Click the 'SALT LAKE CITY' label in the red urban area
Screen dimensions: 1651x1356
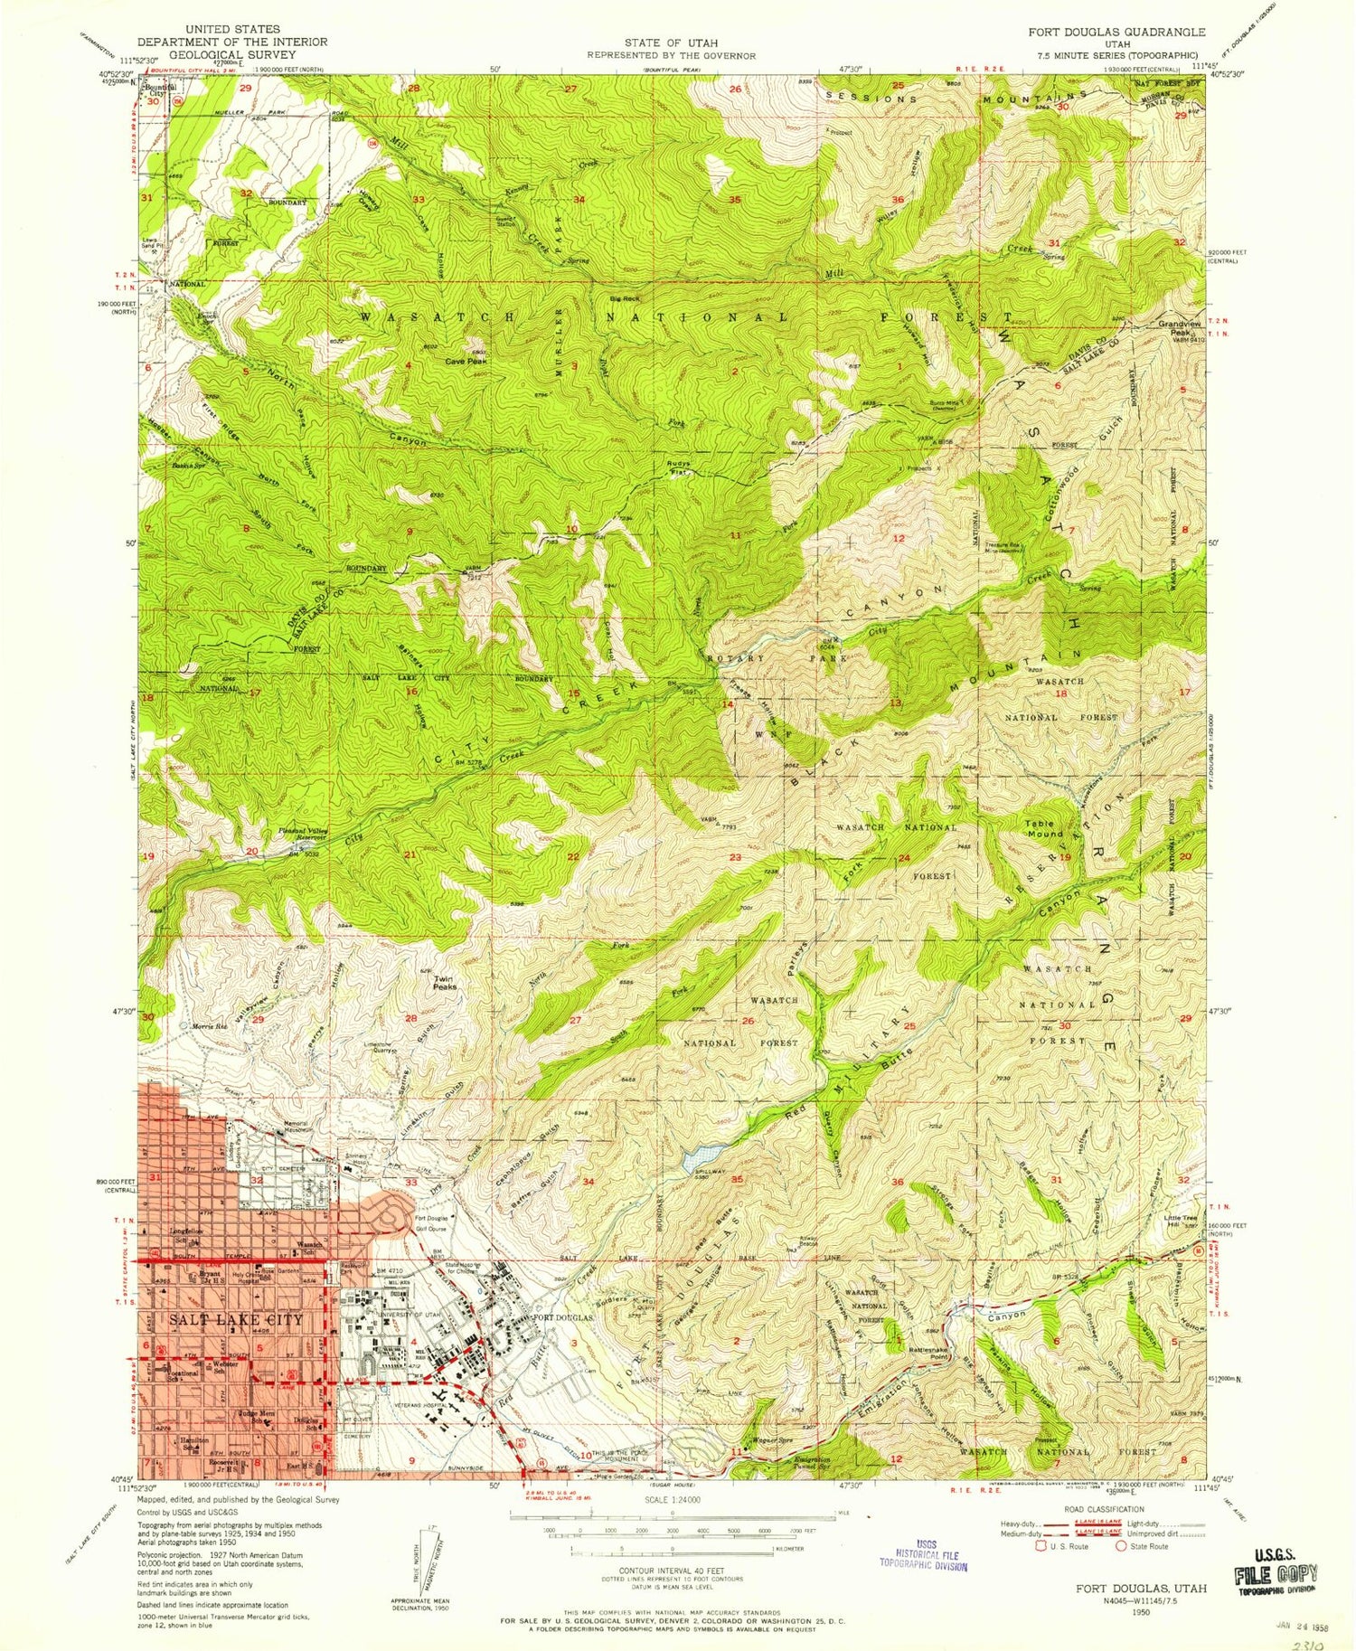coord(236,1320)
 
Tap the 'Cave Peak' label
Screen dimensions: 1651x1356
coord(466,361)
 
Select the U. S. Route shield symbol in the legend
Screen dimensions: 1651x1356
coord(1039,1546)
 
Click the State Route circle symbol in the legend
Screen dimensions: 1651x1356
coord(1121,1546)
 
